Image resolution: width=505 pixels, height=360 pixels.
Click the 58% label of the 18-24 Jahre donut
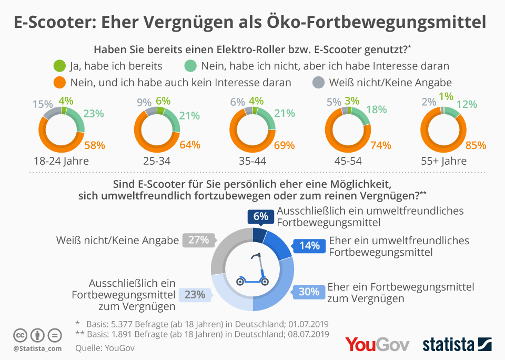coord(95,145)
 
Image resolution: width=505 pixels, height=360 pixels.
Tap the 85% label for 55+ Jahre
coord(476,145)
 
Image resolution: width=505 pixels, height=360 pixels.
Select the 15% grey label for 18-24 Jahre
coord(43,104)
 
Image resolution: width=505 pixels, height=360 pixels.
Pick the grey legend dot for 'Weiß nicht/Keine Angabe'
coord(318,82)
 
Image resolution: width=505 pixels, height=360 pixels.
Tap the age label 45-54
coord(348,161)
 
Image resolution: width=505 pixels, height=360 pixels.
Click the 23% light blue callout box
coord(195,294)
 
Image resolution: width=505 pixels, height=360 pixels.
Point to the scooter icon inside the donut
coord(253,270)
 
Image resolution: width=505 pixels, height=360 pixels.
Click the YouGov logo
coord(377,344)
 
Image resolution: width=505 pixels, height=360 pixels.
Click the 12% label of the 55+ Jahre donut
coord(466,105)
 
